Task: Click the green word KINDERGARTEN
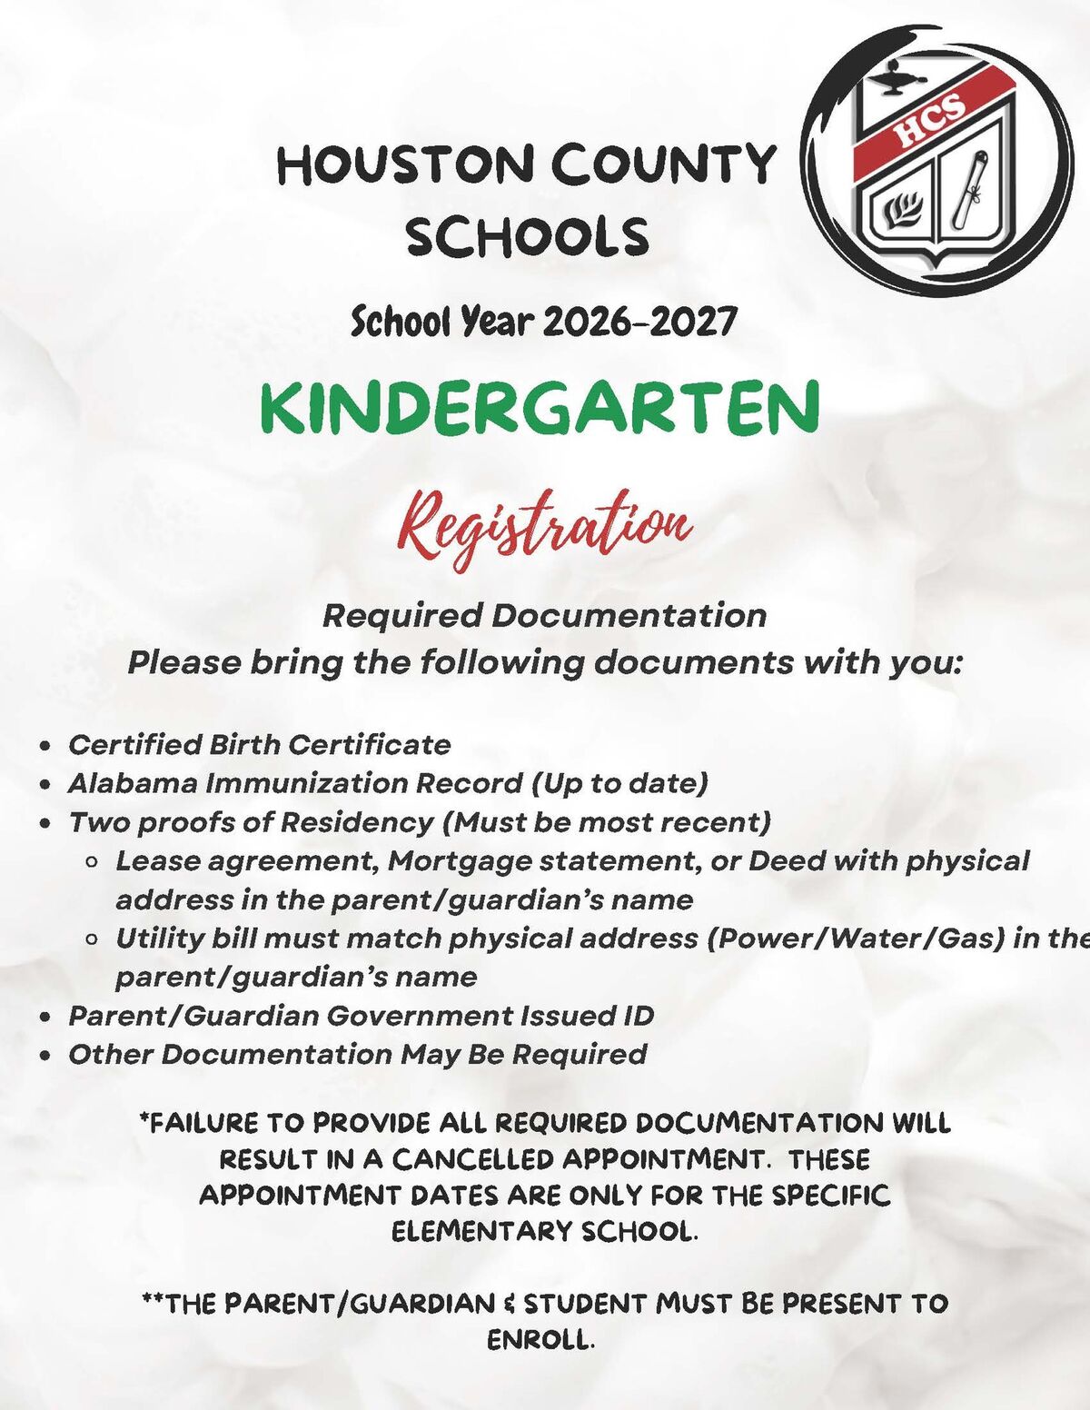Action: click(540, 408)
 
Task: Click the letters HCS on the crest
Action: click(930, 119)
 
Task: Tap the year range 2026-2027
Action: click(639, 321)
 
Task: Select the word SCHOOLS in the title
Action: click(527, 237)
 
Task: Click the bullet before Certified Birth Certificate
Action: click(45, 746)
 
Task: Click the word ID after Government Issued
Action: click(638, 1015)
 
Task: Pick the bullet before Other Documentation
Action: click(45, 1056)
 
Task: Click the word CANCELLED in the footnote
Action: click(472, 1159)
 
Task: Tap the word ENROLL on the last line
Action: click(540, 1340)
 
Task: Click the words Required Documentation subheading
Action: click(544, 615)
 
